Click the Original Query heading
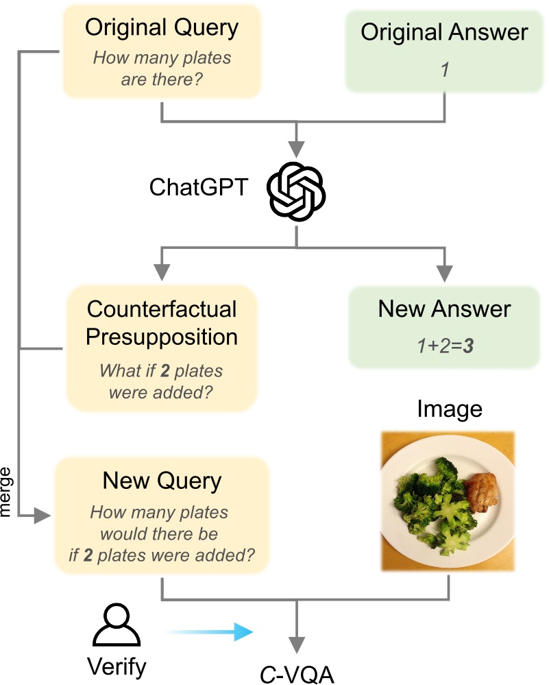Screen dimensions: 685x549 161,28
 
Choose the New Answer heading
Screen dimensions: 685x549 444,309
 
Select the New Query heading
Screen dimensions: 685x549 162,481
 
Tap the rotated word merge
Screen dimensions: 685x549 8,492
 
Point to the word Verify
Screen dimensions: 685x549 117,666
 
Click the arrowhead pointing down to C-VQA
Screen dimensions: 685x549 296,645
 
